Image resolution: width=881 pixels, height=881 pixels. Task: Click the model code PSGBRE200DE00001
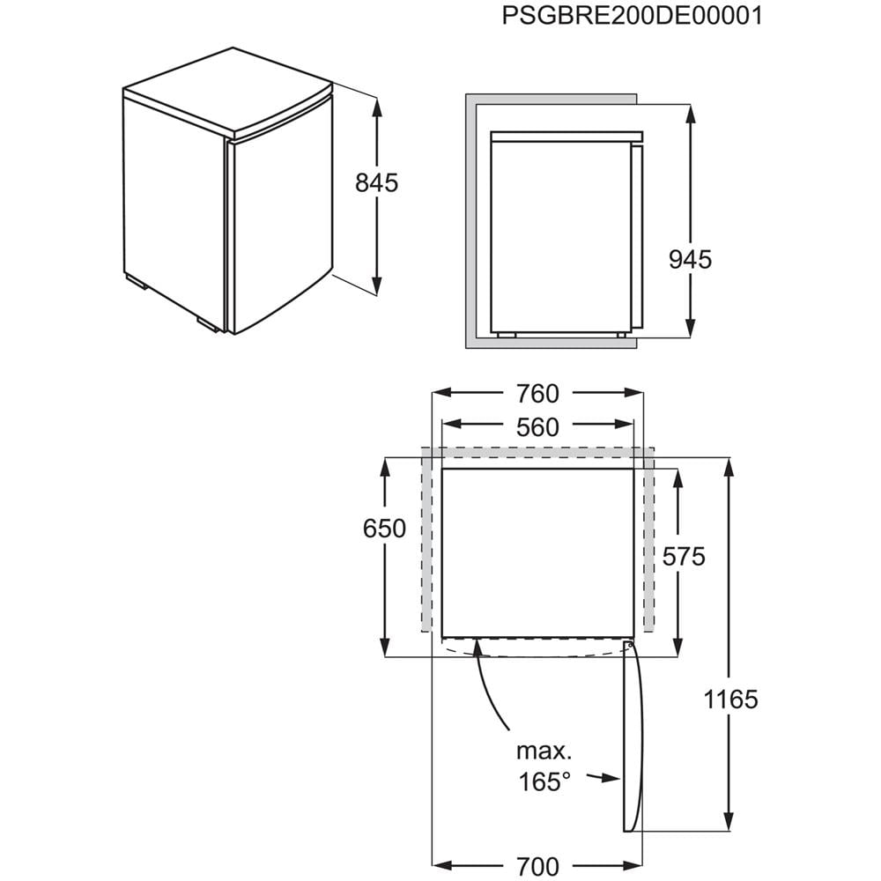[632, 16]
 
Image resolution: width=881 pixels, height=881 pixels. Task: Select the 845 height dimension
[376, 182]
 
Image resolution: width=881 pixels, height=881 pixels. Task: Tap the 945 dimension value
[690, 260]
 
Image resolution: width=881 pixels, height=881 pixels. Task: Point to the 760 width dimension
[537, 394]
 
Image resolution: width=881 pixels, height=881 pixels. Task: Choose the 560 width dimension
[537, 427]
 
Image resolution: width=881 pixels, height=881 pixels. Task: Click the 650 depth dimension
[384, 529]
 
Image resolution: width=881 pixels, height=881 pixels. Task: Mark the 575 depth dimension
[684, 557]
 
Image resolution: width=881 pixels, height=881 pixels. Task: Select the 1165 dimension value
[731, 700]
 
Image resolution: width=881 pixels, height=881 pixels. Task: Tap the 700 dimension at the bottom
[537, 866]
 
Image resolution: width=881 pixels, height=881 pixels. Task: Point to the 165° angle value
[544, 781]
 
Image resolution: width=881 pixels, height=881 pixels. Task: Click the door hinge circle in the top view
[631, 646]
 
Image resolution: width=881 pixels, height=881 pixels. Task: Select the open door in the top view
[632, 737]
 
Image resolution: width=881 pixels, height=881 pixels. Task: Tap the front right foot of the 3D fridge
[209, 323]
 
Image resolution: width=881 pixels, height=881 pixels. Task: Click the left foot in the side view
[507, 335]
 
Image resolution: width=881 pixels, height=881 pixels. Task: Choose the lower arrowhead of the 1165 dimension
[729, 821]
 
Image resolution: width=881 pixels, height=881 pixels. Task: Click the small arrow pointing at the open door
[603, 778]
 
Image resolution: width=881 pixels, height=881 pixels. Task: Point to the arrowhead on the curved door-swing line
[478, 648]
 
